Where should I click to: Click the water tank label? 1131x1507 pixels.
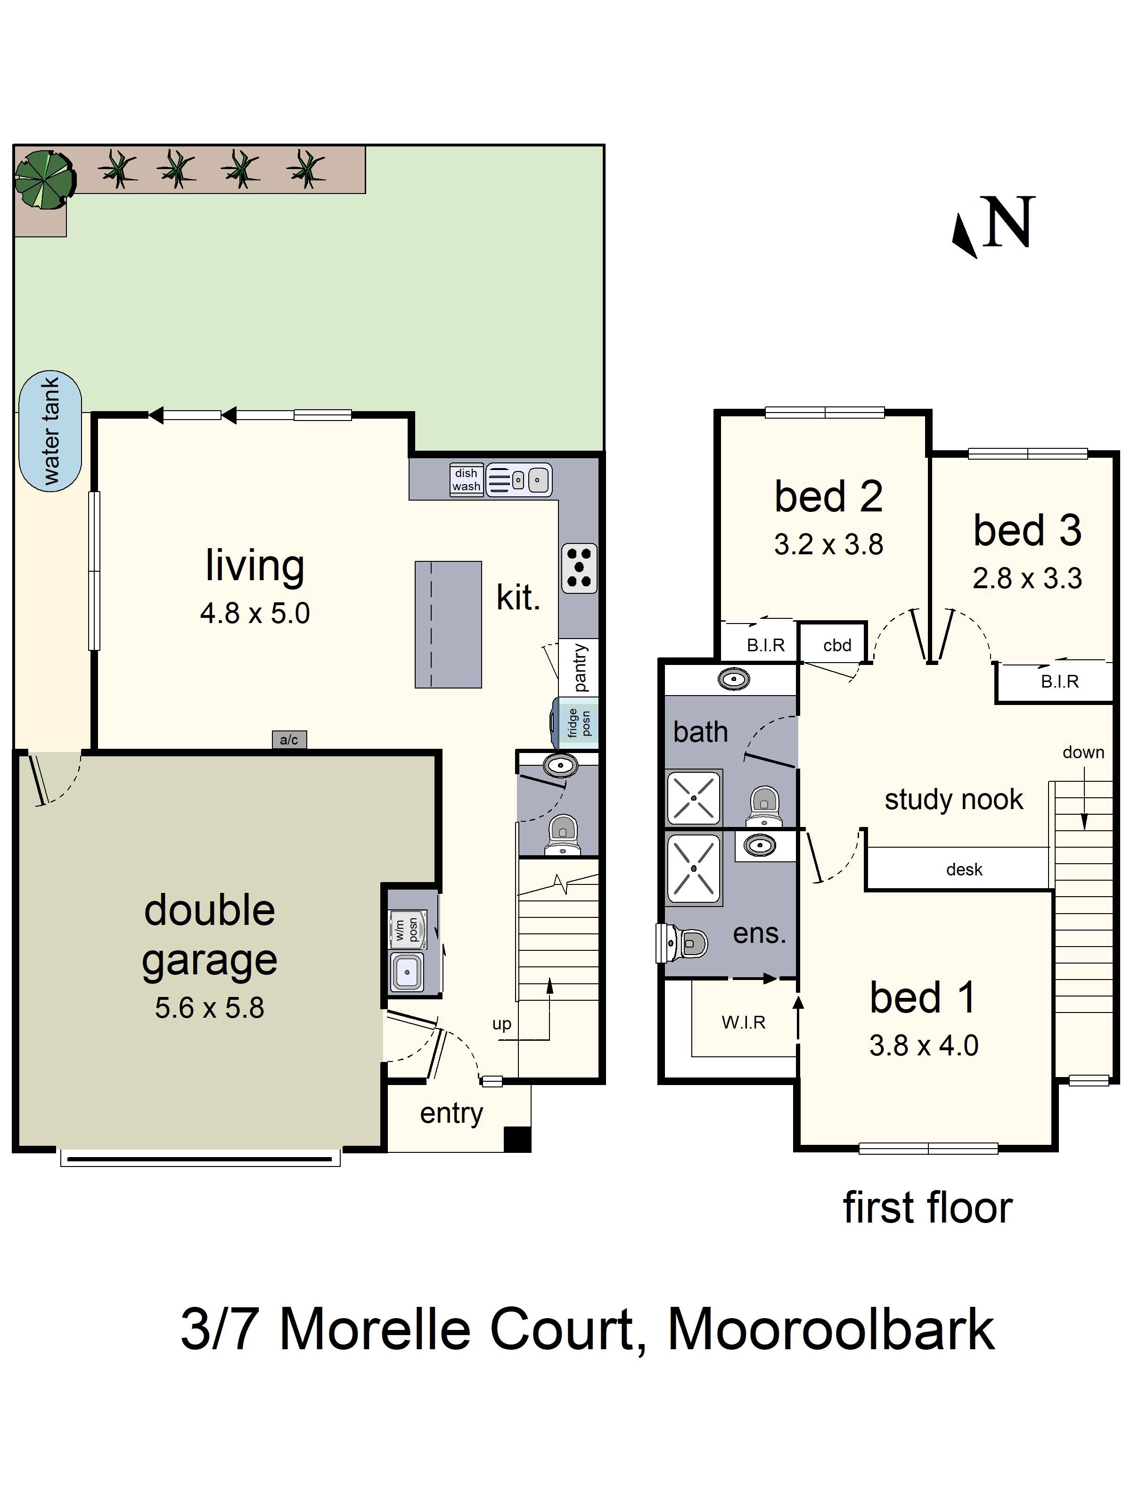click(51, 431)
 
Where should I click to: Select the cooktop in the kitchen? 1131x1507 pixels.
click(579, 567)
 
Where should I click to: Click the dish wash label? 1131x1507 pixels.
click(467, 479)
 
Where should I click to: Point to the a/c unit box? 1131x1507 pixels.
click(289, 740)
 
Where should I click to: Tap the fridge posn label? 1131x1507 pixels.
click(579, 723)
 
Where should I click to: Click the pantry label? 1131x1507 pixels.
click(580, 668)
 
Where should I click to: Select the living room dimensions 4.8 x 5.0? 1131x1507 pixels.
click(255, 613)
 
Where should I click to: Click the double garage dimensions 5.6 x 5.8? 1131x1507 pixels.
click(209, 1008)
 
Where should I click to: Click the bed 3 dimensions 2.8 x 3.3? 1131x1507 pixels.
click(1027, 578)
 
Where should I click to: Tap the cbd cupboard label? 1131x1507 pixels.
click(837, 645)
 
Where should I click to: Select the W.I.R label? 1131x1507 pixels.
click(744, 1022)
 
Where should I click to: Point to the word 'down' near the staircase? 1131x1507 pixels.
click(1083, 752)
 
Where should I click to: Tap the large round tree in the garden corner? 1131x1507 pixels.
click(44, 179)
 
